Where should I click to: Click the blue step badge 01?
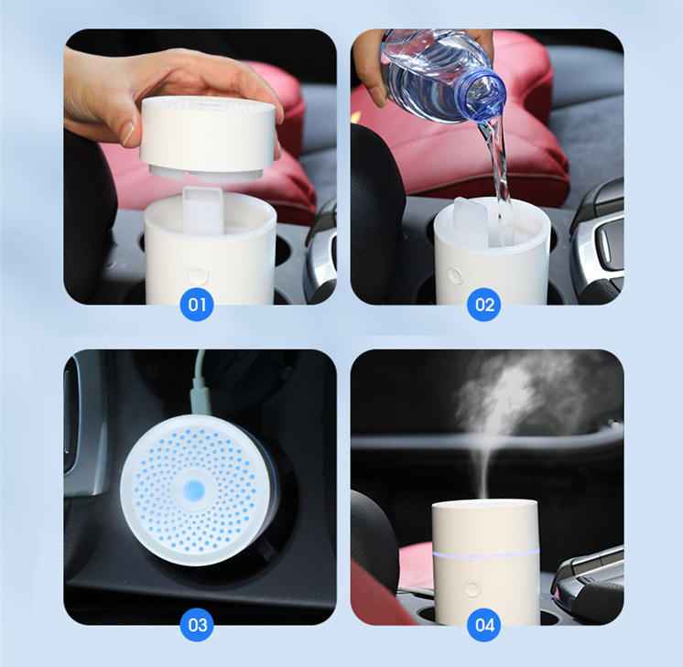pos(197,304)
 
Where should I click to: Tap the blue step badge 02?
pos(484,304)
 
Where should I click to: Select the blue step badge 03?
pos(197,625)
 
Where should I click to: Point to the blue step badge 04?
pos(484,625)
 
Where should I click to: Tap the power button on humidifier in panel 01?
pos(196,274)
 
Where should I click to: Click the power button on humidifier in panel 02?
pos(455,274)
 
